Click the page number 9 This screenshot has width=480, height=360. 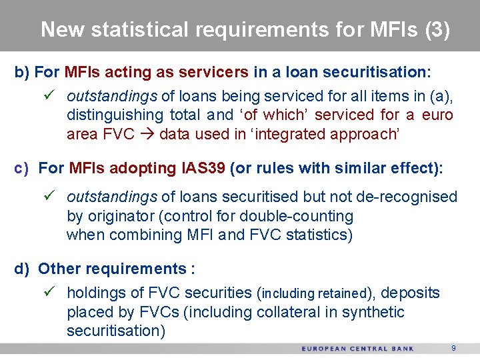(x=453, y=348)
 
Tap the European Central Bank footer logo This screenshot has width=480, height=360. (x=357, y=349)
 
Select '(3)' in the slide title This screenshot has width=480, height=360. (x=437, y=29)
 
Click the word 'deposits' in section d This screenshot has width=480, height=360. (x=410, y=293)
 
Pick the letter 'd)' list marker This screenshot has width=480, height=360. (x=23, y=269)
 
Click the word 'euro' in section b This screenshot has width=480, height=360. (x=437, y=115)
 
